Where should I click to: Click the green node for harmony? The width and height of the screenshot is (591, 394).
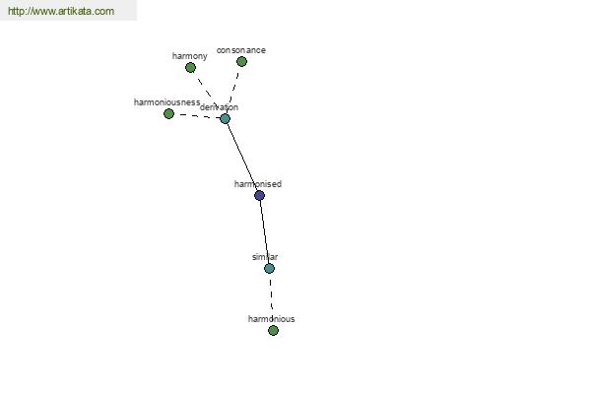(x=190, y=68)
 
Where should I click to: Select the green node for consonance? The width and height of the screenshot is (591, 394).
(x=241, y=62)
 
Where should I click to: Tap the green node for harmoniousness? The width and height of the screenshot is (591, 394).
(x=168, y=114)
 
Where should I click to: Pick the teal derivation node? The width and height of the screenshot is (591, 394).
(x=225, y=119)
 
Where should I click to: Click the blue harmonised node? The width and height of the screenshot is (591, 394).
(x=259, y=196)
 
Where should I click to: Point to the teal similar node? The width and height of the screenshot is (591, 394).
(x=269, y=269)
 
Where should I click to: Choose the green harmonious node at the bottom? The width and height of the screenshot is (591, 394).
(x=273, y=331)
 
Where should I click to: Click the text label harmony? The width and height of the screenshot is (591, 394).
(x=190, y=56)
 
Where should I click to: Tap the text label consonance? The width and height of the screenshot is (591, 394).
(x=241, y=50)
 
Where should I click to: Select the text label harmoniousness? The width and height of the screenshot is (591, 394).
(x=167, y=102)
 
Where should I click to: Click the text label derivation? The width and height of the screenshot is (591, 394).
(x=219, y=107)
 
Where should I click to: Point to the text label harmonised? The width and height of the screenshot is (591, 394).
(x=258, y=184)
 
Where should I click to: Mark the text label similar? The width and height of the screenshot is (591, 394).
(x=265, y=257)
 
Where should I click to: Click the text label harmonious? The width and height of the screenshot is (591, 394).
(x=271, y=319)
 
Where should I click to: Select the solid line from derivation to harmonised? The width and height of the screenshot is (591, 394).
(x=242, y=158)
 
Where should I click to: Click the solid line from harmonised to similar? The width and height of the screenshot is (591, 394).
(x=264, y=232)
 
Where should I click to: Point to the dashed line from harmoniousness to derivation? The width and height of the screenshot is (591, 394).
(x=197, y=116)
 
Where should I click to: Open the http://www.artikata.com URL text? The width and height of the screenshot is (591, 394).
(x=61, y=12)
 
